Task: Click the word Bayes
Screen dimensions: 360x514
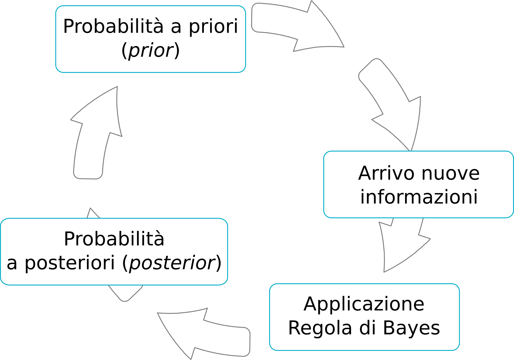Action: pos(411,328)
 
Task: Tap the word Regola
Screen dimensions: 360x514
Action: pos(320,328)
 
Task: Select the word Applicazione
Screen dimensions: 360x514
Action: pos(364,304)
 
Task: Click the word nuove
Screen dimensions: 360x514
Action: pos(451,173)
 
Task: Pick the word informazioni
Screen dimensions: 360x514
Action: pos(419,197)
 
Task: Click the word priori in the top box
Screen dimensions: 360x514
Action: pos(213,27)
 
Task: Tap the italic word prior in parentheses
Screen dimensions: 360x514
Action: pos(151,50)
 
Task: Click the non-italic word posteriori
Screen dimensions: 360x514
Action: pos(70,263)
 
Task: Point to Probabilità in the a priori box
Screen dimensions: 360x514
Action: pos(113,26)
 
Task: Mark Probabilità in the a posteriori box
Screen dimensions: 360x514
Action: pos(114,239)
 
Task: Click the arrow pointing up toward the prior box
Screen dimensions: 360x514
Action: pos(97,133)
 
